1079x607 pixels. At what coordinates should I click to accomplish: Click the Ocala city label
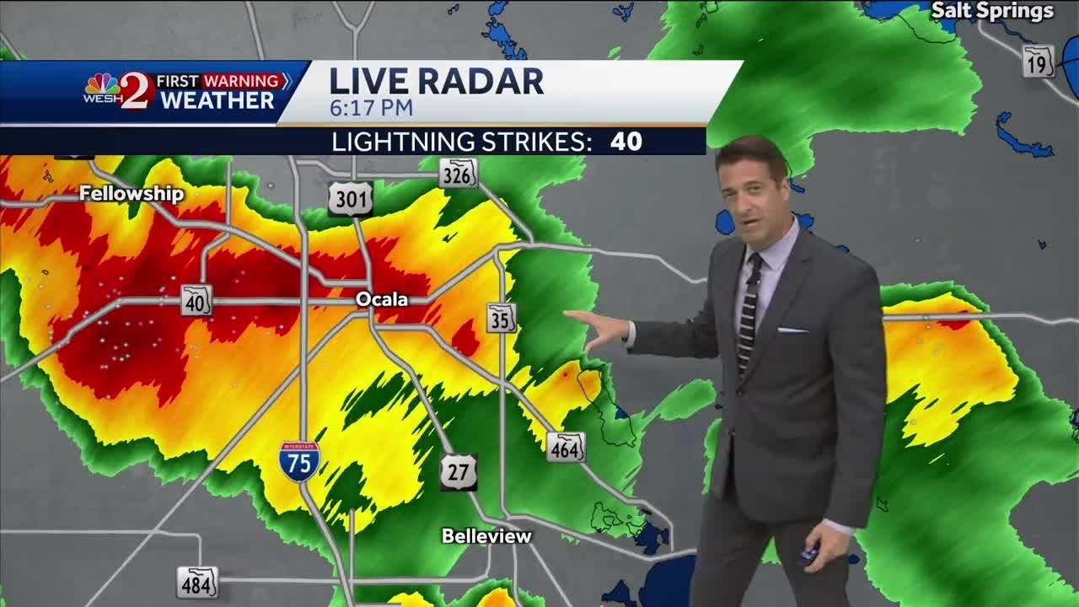click(381, 299)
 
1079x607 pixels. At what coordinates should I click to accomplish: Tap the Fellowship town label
click(132, 194)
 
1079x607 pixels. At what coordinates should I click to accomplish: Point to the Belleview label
click(487, 536)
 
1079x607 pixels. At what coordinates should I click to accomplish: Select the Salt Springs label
click(992, 11)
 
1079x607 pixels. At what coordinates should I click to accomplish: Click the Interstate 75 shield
click(300, 461)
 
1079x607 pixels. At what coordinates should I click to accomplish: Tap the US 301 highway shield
click(350, 199)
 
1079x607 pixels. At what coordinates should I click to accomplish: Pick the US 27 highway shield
click(458, 472)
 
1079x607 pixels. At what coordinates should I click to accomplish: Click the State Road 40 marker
click(196, 301)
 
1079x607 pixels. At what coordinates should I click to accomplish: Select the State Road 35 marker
click(502, 318)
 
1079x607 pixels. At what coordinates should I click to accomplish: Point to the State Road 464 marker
click(565, 448)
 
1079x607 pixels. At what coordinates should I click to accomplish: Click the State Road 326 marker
click(458, 173)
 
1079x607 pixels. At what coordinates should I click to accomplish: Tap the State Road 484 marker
click(197, 582)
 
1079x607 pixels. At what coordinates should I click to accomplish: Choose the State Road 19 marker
click(1039, 62)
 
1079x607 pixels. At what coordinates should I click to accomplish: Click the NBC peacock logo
click(102, 84)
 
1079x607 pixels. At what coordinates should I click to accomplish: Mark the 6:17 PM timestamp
click(371, 108)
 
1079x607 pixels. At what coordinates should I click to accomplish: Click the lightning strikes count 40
click(626, 141)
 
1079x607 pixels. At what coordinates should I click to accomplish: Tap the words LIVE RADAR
click(436, 81)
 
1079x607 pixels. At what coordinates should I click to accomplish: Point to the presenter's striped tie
click(748, 312)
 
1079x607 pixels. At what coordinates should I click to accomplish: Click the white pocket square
click(792, 330)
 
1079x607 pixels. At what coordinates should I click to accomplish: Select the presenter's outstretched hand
click(600, 326)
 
